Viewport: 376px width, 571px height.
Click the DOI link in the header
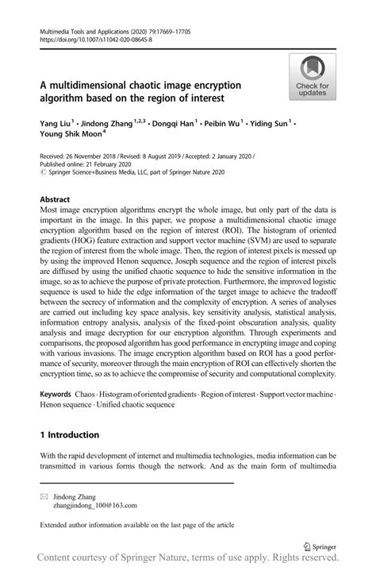(x=96, y=39)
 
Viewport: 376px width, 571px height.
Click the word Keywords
(x=56, y=394)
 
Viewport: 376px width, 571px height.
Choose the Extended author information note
(x=126, y=525)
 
